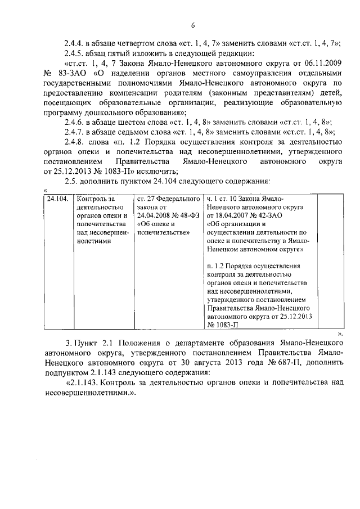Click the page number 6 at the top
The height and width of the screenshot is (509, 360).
pyautogui.click(x=192, y=26)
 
